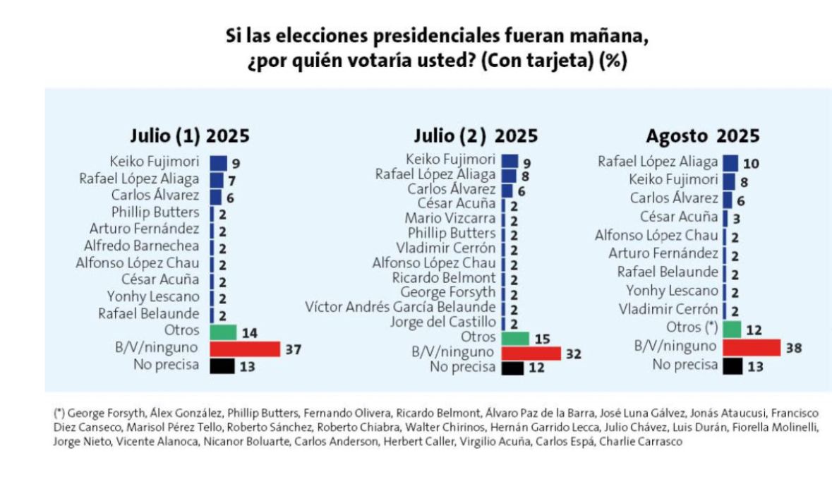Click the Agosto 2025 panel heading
click(x=702, y=136)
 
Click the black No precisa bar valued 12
click(x=512, y=368)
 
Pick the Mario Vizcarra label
click(x=450, y=219)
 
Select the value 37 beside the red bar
click(x=294, y=349)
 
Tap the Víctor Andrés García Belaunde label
click(x=400, y=307)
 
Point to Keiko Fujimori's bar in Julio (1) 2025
click(x=219, y=162)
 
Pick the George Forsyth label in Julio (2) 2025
click(x=447, y=292)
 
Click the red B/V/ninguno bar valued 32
click(x=531, y=353)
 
